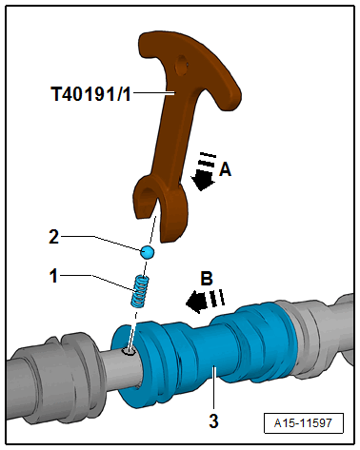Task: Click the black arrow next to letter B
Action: (x=198, y=303)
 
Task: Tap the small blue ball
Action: (x=147, y=252)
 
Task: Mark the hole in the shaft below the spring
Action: (x=128, y=352)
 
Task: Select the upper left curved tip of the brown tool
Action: (x=145, y=44)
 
